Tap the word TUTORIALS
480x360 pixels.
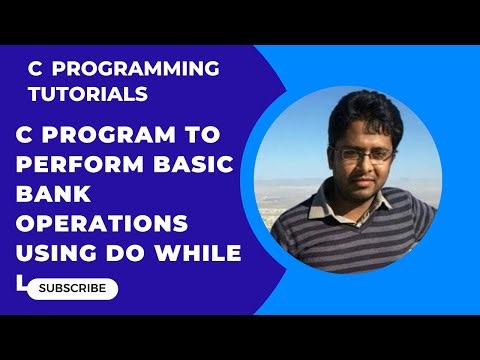click(89, 94)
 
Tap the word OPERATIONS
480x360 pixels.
click(102, 223)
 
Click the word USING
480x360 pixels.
click(59, 253)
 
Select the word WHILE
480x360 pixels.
click(200, 253)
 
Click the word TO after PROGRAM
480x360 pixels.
click(208, 134)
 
